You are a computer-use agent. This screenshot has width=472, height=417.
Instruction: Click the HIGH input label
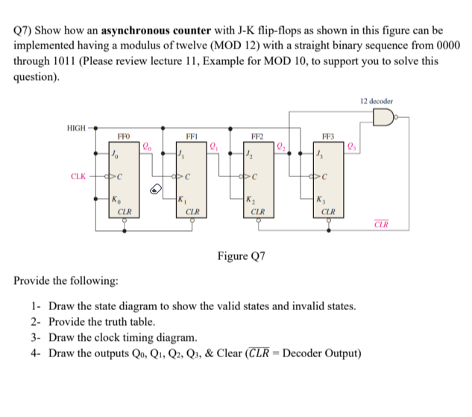tap(76, 127)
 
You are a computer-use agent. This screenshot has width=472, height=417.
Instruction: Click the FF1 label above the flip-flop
tap(191, 137)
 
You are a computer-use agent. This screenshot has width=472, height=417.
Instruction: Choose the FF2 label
tap(257, 137)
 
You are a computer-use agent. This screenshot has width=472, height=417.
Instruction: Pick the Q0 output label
tap(147, 147)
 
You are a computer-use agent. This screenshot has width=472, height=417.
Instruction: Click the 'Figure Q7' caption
tap(241, 256)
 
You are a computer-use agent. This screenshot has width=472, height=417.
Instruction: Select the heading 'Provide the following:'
tap(66, 281)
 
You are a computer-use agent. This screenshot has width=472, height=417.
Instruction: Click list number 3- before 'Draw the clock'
tap(37, 337)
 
